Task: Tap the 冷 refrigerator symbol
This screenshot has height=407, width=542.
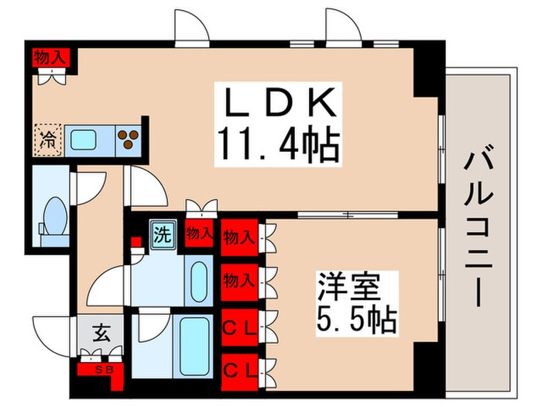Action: tap(48, 140)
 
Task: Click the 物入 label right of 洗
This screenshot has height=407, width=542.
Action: tap(200, 233)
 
